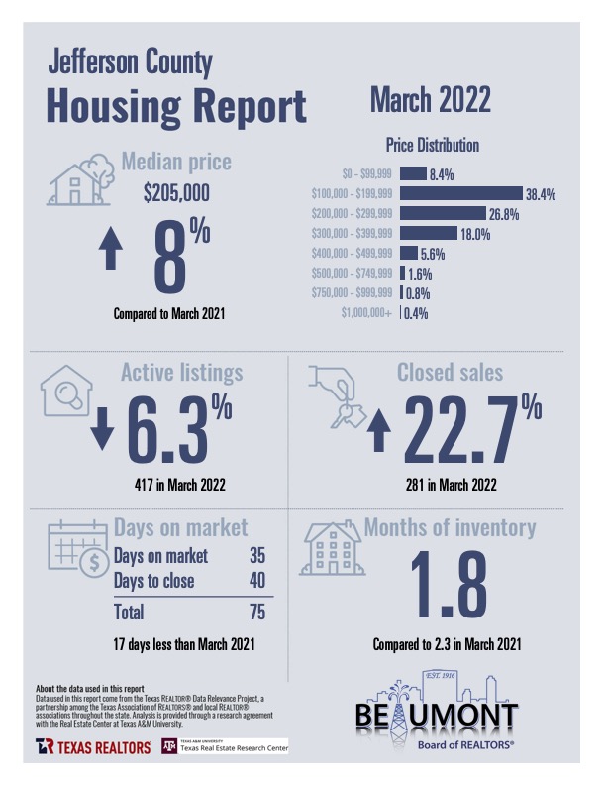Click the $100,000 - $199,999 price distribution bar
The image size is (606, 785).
pyautogui.click(x=460, y=193)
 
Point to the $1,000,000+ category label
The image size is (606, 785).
pyautogui.click(x=367, y=313)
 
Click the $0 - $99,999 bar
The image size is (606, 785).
pyautogui.click(x=413, y=173)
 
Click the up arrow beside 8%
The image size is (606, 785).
pyautogui.click(x=111, y=249)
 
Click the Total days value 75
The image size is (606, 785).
pyautogui.click(x=257, y=612)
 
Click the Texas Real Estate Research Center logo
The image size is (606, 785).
pyautogui.click(x=225, y=745)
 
